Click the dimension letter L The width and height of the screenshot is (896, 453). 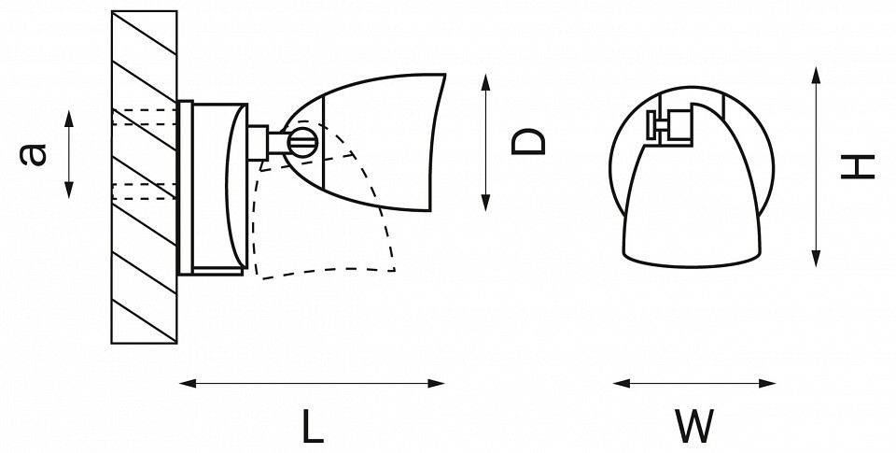[313, 426]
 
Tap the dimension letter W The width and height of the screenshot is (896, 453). [694, 426]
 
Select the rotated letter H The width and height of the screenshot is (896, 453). [858, 166]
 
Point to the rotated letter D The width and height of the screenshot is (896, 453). [528, 142]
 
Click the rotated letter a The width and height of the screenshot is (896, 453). [33, 154]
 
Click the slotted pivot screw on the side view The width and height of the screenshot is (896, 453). [301, 143]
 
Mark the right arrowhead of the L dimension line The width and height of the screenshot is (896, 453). [436, 383]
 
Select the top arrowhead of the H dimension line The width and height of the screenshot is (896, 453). [817, 76]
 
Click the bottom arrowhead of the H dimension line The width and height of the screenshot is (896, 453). [817, 259]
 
